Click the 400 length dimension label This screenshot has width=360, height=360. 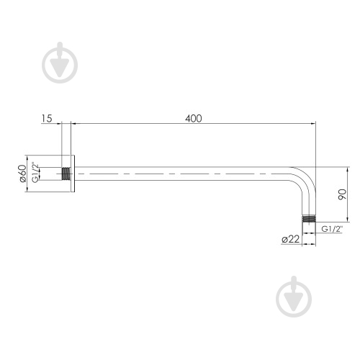click(194, 118)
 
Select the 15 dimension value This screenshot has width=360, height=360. click(47, 118)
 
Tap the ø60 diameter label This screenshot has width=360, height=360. click(22, 174)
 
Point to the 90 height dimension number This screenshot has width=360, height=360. click(342, 194)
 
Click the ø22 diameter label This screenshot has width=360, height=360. click(290, 239)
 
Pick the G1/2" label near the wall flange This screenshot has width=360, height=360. click(35, 173)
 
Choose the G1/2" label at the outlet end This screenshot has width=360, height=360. click(332, 229)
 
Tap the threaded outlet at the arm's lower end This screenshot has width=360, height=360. click(309, 219)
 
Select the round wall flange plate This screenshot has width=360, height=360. click(73, 174)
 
